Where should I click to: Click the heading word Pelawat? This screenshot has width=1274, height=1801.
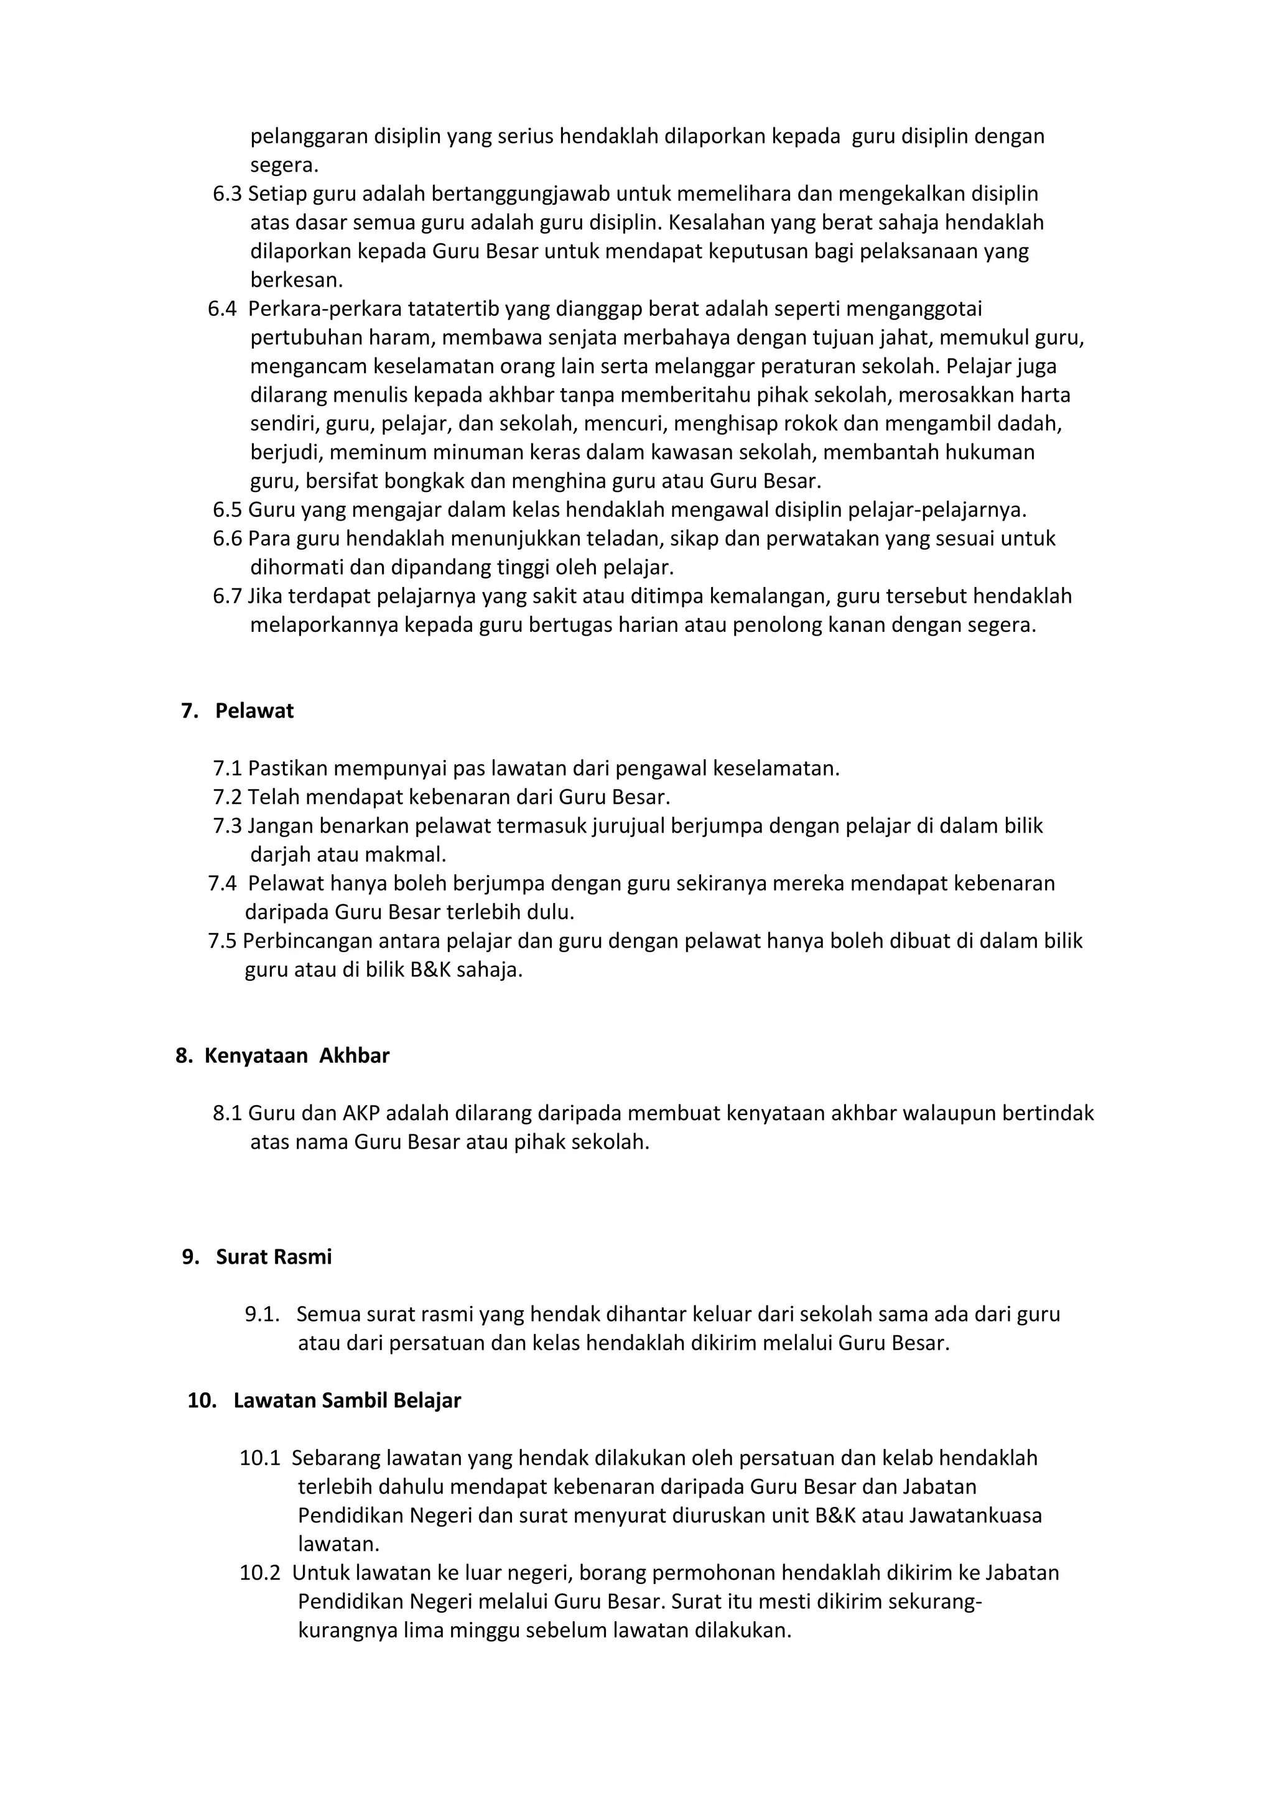(x=254, y=711)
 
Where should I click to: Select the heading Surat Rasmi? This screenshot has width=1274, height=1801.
(x=274, y=1257)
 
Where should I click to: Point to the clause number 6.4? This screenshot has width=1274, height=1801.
(x=222, y=309)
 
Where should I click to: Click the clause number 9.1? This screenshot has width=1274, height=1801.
(x=262, y=1314)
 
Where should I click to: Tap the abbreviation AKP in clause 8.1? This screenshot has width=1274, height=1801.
(x=361, y=1113)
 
